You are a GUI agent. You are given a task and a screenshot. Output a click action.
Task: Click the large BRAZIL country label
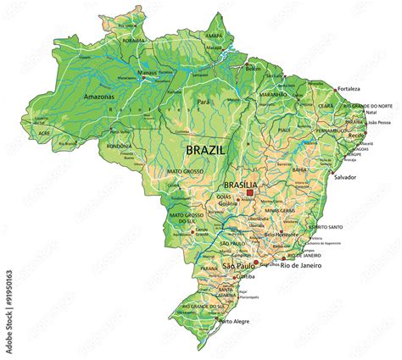tap(206, 148)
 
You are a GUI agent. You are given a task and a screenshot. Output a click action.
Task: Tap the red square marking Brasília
tap(249, 193)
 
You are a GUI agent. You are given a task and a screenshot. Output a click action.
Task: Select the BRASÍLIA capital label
tap(240, 184)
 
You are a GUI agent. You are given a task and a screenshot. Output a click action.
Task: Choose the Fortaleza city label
tap(349, 88)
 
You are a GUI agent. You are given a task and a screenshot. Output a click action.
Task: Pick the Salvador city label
tap(345, 177)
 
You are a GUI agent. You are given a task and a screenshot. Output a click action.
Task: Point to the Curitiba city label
tap(245, 276)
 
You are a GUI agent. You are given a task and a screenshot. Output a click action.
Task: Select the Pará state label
tap(204, 102)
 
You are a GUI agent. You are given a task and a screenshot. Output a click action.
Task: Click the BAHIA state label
tap(299, 169)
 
